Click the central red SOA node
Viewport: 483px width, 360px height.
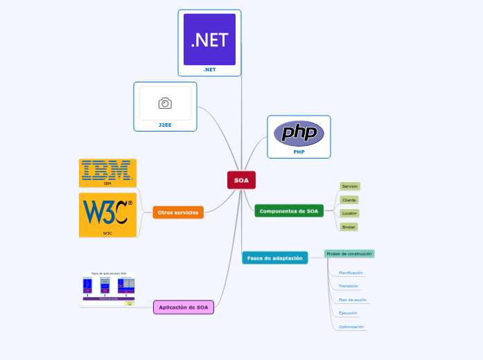241,180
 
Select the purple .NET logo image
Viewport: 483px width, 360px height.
209,39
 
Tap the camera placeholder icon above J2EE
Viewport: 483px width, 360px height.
165,103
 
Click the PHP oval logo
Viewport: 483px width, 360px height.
299,133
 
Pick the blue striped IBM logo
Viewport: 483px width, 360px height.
107,170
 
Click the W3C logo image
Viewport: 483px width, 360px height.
107,211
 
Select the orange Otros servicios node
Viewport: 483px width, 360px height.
178,213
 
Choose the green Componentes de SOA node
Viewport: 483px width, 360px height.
289,211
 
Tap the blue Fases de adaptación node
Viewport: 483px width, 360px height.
275,258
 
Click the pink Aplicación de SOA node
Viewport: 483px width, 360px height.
184,307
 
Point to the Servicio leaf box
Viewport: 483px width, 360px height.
350,186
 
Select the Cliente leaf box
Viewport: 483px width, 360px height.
349,199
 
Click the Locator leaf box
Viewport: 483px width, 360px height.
349,213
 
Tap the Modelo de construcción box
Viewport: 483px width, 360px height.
349,254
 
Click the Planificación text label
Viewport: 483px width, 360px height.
351,273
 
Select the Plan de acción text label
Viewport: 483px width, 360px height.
353,300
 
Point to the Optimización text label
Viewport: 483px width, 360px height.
351,327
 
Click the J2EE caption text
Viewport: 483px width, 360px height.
165,125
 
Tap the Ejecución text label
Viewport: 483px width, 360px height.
348,313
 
